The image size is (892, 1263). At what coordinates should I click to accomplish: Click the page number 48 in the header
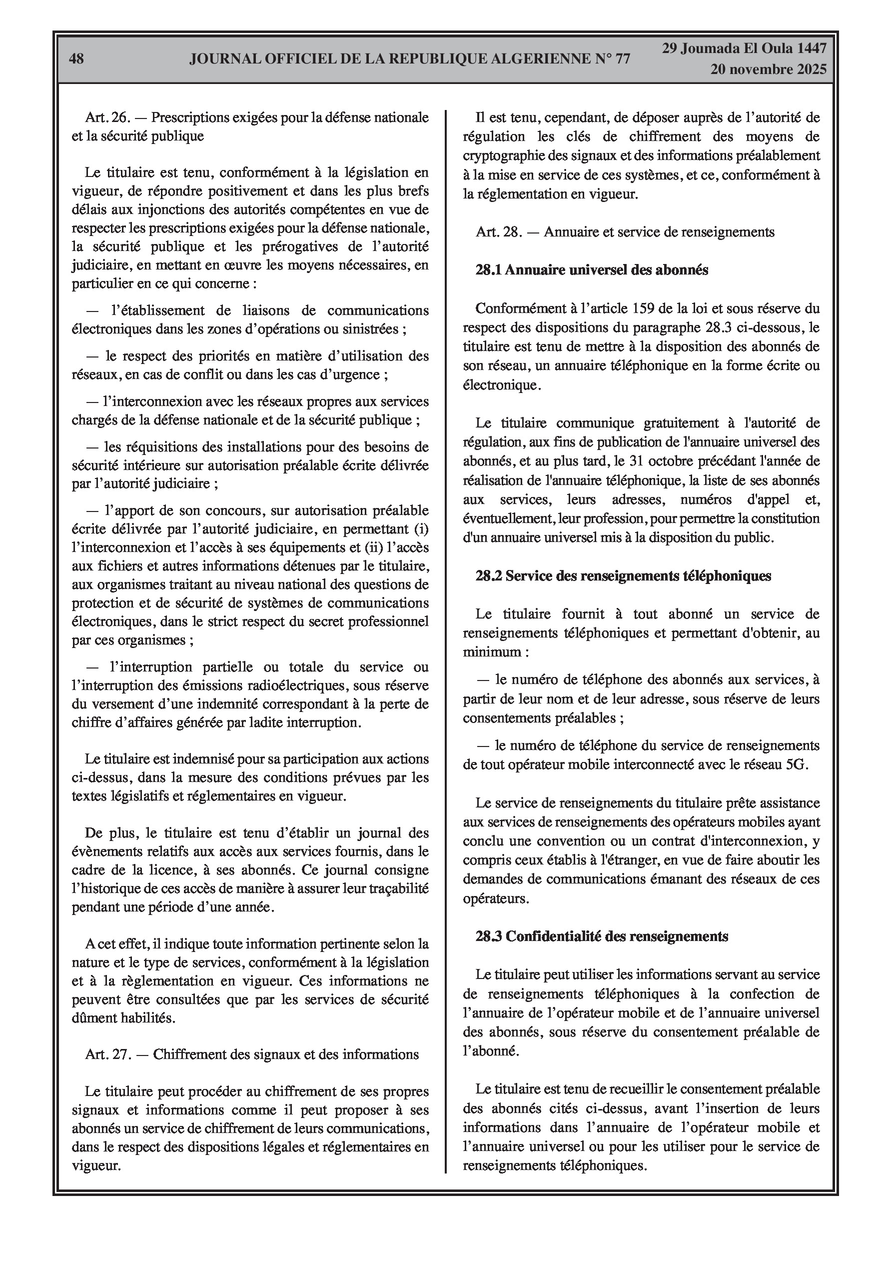pos(77,59)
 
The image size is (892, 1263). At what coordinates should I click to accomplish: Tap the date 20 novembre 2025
pos(768,69)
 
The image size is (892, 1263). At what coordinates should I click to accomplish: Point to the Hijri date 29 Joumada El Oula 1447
pos(744,48)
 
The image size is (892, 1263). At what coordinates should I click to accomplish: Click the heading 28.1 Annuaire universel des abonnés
pos(592,270)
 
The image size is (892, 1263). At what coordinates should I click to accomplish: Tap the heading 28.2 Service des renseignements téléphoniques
pos(623,575)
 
